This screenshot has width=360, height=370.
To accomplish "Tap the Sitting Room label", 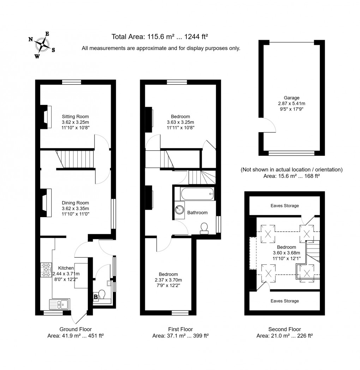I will point(75,117).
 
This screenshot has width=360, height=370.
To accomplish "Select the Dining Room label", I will point(75,203).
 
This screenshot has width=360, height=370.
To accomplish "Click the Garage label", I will point(292,98).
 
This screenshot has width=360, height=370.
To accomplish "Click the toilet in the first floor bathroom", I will point(204,228).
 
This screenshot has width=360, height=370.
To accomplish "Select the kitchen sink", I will point(60,304).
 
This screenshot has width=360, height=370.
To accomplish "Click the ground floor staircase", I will point(76,159).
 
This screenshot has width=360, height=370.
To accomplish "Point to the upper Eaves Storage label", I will point(284,205).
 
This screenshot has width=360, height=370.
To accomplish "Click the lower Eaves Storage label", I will point(284,301).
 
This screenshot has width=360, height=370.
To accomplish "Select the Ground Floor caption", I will point(75,329).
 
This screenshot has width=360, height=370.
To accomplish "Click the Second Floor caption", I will point(284,329).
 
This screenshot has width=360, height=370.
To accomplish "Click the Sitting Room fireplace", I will point(45,117).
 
